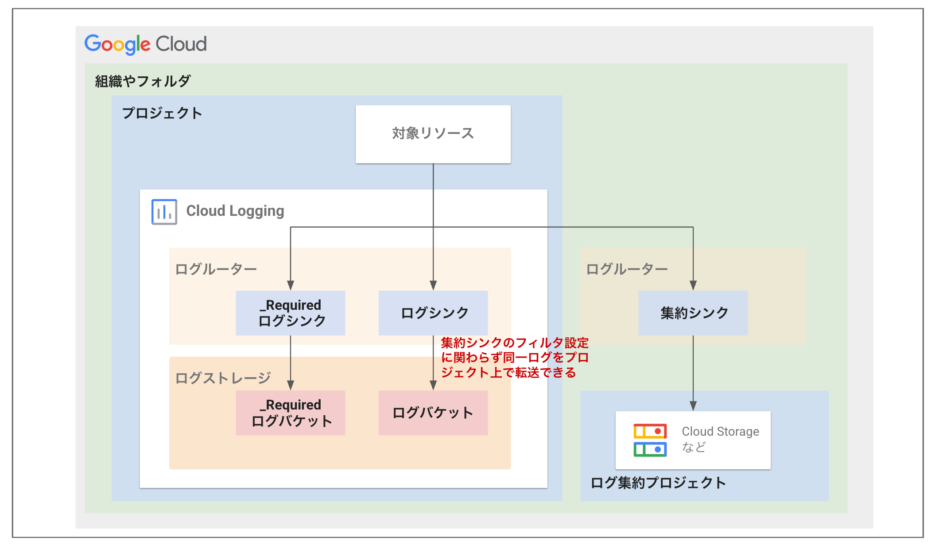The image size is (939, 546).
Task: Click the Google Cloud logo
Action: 145,44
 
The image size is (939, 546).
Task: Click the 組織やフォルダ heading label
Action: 143,81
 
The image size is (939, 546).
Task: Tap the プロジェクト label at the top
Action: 162,113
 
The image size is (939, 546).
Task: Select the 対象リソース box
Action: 433,134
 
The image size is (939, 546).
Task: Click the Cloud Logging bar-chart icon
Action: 164,212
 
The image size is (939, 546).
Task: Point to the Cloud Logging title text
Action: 235,211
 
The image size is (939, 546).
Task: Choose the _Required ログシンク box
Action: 291,313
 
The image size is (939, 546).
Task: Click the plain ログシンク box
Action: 433,313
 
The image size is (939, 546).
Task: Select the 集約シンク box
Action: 693,313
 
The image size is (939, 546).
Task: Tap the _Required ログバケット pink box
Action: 291,413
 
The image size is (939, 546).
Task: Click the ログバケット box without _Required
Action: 433,413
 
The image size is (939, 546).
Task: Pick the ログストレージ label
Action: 223,378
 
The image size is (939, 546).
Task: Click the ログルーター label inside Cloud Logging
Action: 216,269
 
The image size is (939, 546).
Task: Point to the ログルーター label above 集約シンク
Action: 627,269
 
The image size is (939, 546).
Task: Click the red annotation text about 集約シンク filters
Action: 514,357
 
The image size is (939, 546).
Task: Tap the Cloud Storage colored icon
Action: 650,440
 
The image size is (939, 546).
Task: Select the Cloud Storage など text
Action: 720,439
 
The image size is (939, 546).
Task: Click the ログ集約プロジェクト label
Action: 658,483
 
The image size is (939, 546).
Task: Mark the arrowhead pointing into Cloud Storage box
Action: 693,406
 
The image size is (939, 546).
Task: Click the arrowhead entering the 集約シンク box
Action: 693,285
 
